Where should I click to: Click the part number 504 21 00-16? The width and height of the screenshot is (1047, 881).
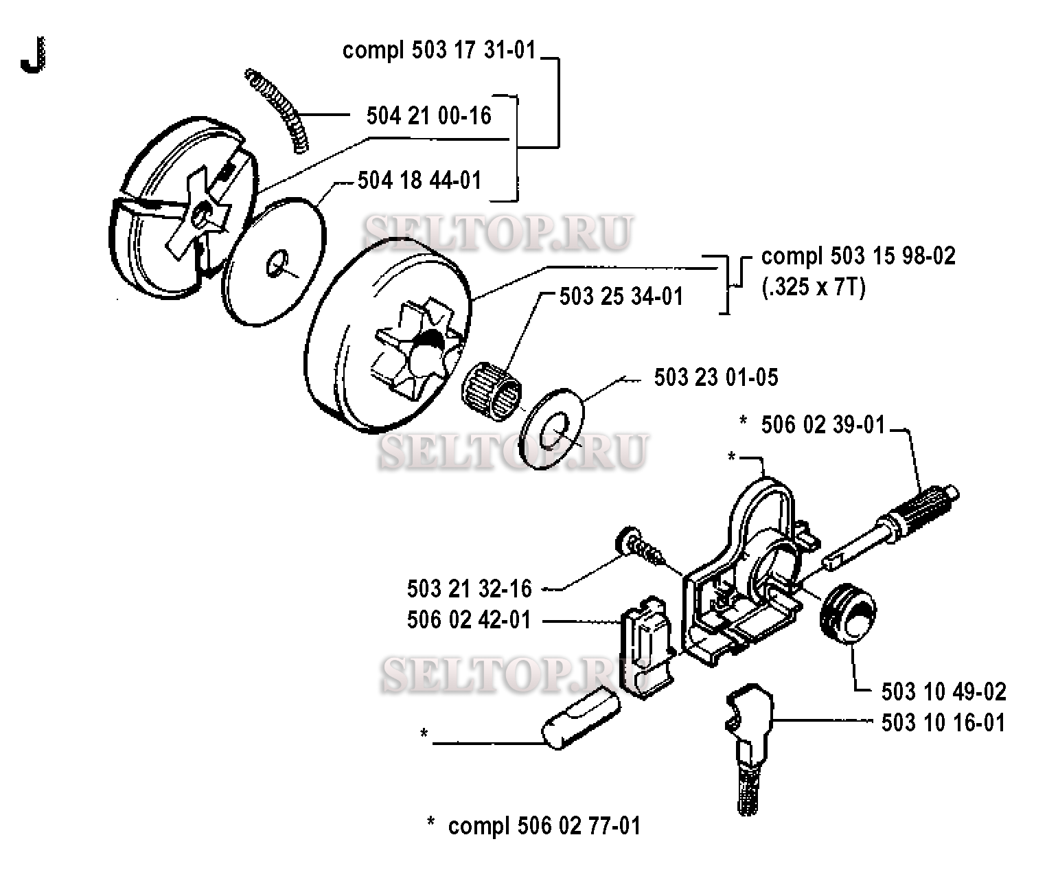429,116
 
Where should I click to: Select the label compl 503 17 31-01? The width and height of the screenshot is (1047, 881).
439,51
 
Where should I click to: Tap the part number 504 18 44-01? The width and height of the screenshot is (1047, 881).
419,181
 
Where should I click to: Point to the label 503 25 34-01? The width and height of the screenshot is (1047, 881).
621,297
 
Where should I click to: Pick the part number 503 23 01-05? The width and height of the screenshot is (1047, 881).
716,378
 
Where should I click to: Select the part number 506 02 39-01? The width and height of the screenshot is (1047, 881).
823,425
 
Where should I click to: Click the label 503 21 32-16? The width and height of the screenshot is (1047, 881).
470,588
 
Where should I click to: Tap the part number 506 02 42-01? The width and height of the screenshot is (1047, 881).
470,620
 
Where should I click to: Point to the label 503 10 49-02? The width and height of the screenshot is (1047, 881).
944,691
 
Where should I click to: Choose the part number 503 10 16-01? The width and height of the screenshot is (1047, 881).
944,723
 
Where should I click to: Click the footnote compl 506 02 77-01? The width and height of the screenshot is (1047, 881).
544,825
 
